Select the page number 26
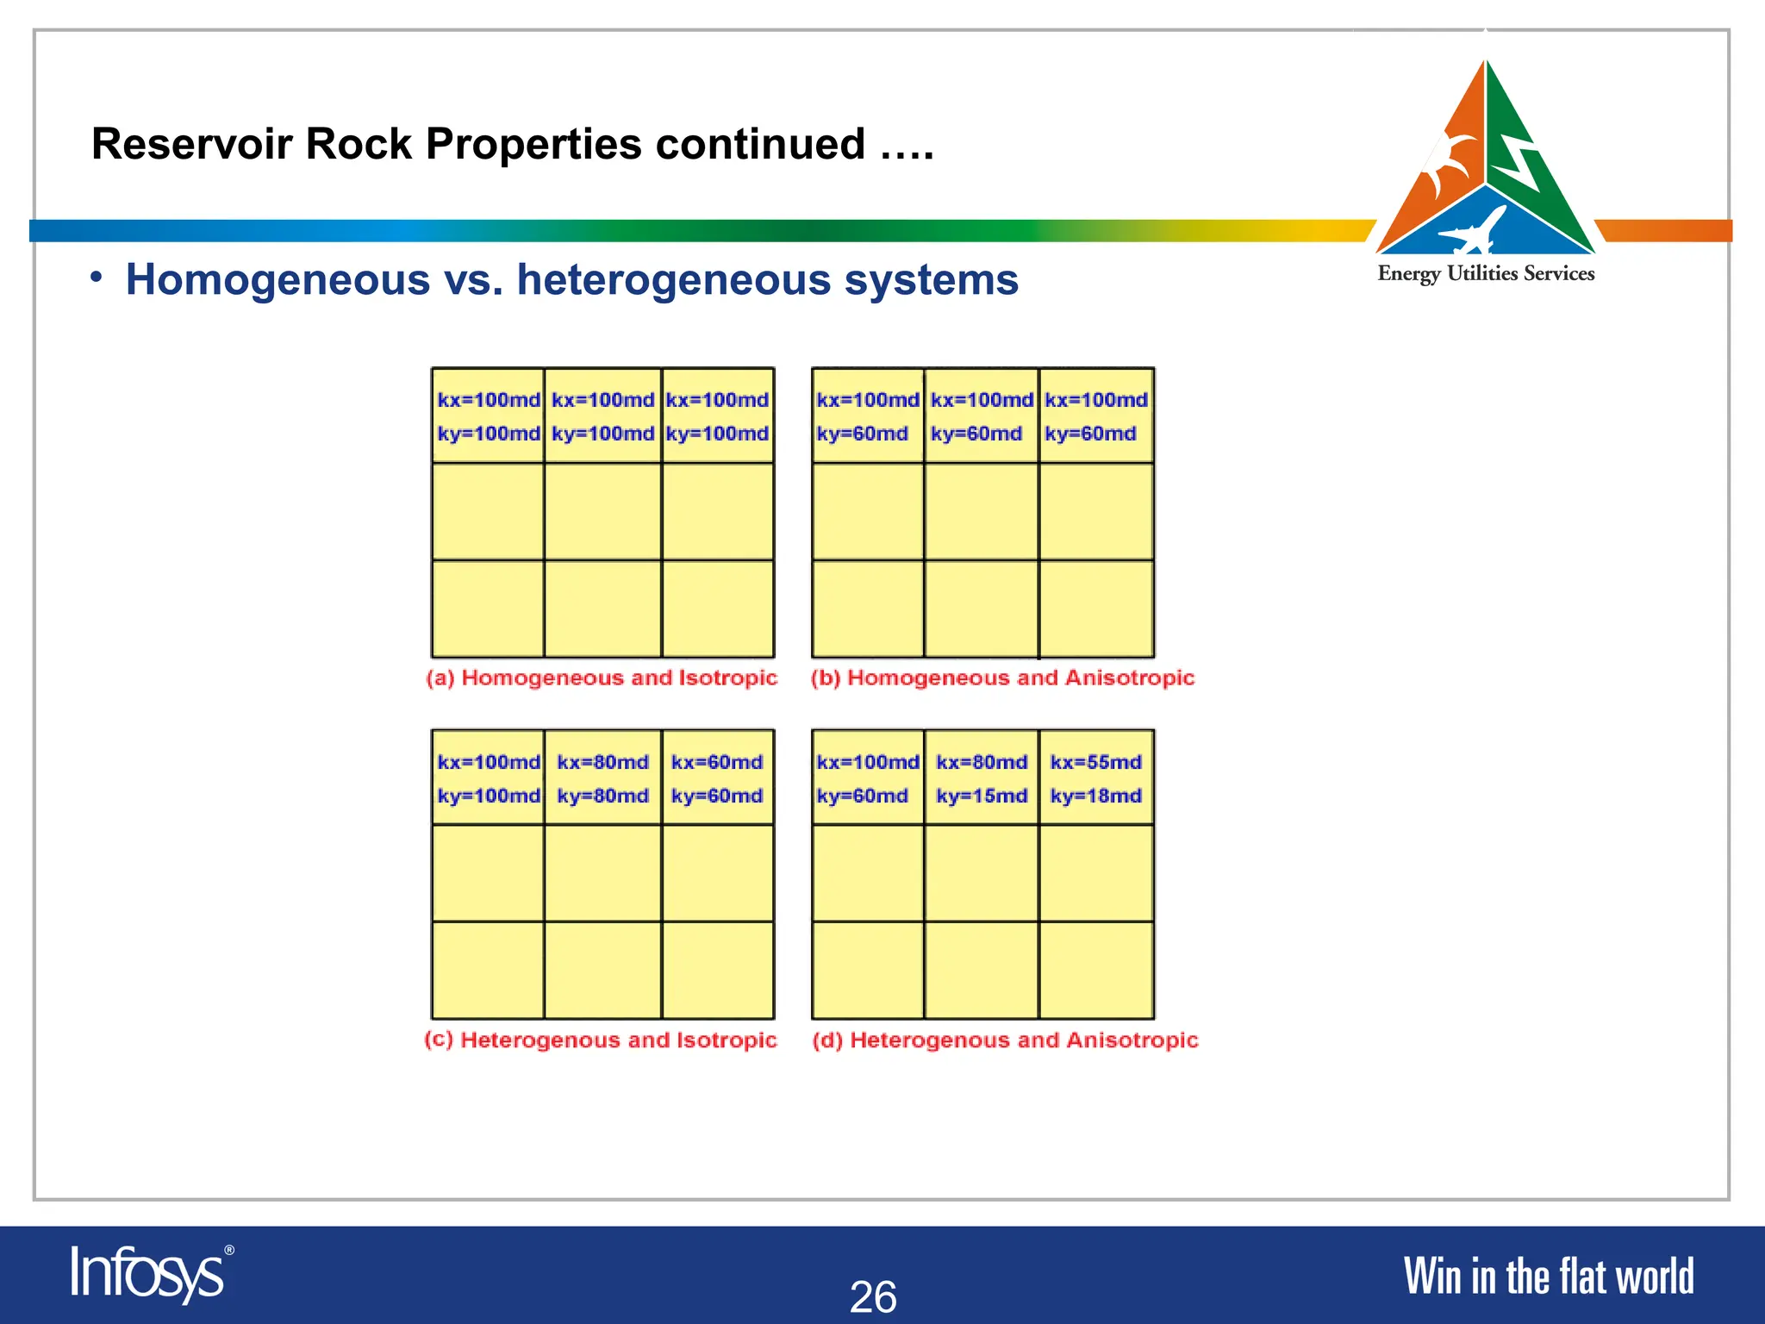[873, 1296]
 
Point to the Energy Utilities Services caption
[1486, 274]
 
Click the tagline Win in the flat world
[1549, 1277]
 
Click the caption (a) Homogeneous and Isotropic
[602, 678]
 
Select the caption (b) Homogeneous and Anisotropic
[1002, 678]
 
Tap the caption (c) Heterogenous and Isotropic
[601, 1040]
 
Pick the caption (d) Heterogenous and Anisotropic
[1005, 1040]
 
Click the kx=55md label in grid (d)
[1095, 762]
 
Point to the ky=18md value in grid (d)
[1095, 796]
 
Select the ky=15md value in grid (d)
[982, 796]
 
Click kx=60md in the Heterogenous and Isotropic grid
[717, 762]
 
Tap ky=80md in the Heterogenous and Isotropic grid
[602, 796]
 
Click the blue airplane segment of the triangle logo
[1486, 226]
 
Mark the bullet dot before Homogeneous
[97, 277]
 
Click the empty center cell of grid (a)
[602, 512]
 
